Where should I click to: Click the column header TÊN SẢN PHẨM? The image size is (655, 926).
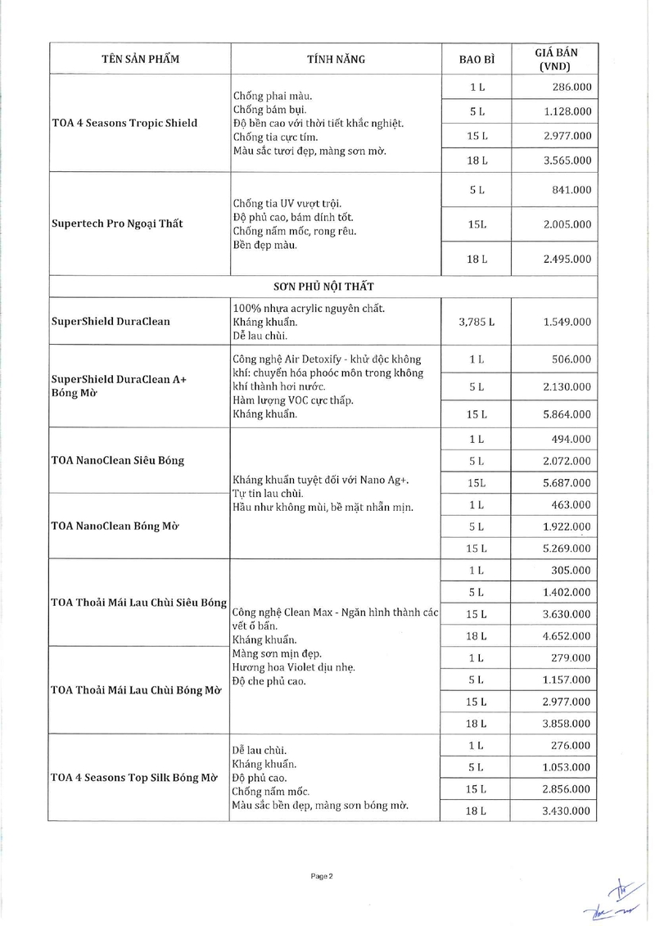point(140,59)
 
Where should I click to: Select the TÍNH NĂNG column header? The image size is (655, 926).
point(336,59)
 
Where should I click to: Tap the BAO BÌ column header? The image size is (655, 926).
point(477,59)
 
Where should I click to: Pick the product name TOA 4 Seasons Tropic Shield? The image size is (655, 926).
point(124,124)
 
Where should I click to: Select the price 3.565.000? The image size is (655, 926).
point(567,160)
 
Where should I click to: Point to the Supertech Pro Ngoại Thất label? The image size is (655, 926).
point(117,224)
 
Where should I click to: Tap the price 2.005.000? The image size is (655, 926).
point(567,224)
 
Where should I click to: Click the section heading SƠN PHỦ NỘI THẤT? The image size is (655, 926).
point(324,287)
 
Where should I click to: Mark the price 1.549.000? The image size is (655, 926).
point(567,322)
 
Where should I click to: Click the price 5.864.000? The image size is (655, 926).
point(567,414)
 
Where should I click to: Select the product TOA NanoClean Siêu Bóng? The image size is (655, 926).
point(118,460)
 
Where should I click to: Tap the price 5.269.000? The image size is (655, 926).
point(567,548)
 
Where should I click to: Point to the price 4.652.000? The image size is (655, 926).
point(567,635)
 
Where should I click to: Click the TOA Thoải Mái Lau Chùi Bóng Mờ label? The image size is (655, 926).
point(137,690)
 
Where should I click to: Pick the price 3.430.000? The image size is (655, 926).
point(567,811)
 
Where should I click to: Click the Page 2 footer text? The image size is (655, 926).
point(322,876)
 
